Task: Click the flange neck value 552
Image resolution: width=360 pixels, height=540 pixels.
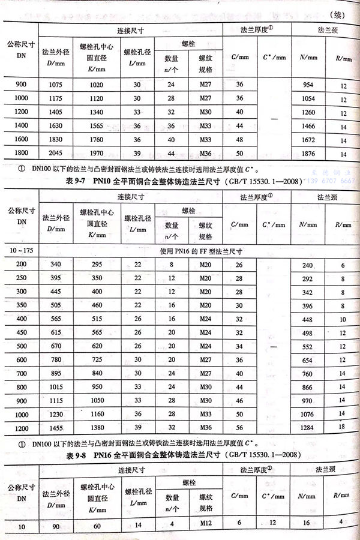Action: coord(307,346)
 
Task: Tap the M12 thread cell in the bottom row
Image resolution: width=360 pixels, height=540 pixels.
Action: coord(206,527)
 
